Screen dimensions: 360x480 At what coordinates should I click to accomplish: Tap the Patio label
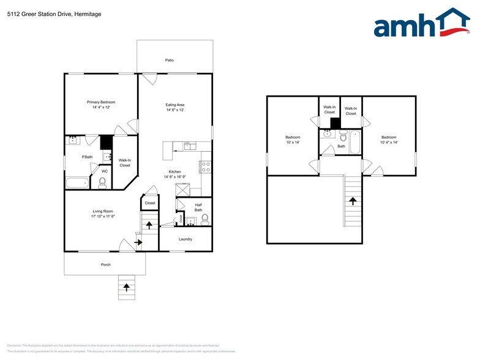coord(170,61)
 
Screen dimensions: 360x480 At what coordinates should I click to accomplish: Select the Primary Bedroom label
coord(101,102)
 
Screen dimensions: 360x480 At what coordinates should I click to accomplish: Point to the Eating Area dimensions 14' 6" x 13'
coord(174,110)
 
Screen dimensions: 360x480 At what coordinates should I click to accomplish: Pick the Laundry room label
coord(186,239)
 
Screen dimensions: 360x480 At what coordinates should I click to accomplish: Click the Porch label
coord(106,264)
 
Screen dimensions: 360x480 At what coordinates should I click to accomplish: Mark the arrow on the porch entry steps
coord(127,285)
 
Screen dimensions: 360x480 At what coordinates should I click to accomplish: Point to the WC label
coord(105,171)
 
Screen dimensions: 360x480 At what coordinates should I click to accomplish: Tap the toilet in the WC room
coord(102,182)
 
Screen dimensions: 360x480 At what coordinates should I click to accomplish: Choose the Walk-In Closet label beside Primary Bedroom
coord(125,163)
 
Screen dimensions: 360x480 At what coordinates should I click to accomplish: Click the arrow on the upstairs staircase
coord(353,200)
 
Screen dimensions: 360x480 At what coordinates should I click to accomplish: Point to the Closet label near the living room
coord(150,203)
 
